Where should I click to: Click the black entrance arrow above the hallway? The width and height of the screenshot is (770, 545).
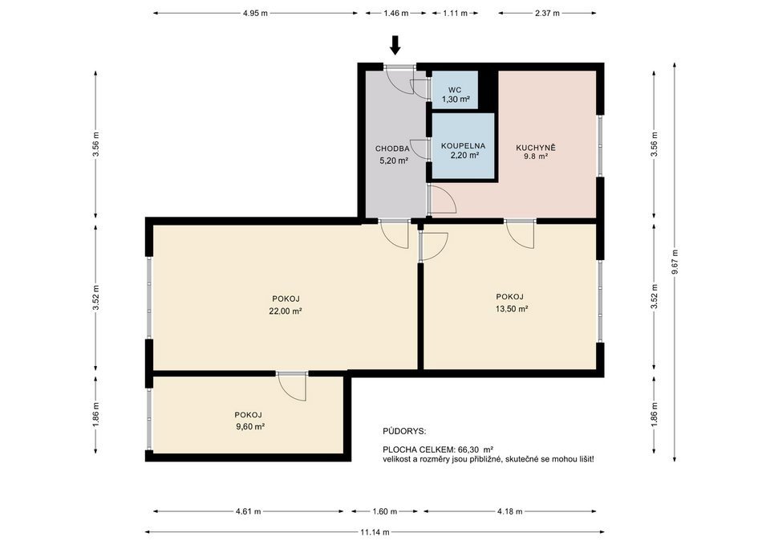pyautogui.click(x=395, y=45)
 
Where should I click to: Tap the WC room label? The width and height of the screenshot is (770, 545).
pyautogui.click(x=455, y=90)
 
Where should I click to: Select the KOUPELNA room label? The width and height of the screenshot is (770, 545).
pyautogui.click(x=463, y=146)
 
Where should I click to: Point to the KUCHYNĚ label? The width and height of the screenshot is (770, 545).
pyautogui.click(x=536, y=148)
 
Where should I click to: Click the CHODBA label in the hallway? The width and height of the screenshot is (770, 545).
pyautogui.click(x=392, y=148)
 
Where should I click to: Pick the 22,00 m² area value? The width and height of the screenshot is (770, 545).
pyautogui.click(x=286, y=311)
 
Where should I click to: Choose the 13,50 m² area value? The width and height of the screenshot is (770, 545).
pyautogui.click(x=512, y=309)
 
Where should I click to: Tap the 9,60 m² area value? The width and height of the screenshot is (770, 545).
pyautogui.click(x=250, y=426)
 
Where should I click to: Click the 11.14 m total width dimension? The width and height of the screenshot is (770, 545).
pyautogui.click(x=375, y=531)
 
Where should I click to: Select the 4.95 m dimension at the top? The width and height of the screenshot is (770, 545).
pyautogui.click(x=255, y=14)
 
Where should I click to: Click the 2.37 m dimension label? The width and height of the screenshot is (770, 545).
pyautogui.click(x=547, y=14)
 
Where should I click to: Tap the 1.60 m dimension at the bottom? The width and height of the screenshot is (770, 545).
pyautogui.click(x=384, y=511)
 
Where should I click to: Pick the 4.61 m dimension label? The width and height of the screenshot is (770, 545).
pyautogui.click(x=248, y=511)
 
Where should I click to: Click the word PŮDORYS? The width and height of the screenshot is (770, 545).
pyautogui.click(x=404, y=432)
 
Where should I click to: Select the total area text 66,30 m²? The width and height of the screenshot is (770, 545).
pyautogui.click(x=476, y=449)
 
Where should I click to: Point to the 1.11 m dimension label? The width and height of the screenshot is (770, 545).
pyautogui.click(x=456, y=14)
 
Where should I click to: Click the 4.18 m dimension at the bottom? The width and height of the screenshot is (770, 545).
pyautogui.click(x=510, y=511)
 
